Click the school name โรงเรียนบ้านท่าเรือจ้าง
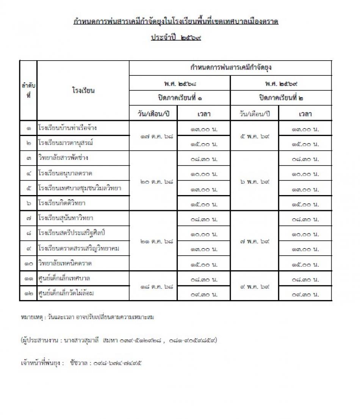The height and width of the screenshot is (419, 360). pos(67,128)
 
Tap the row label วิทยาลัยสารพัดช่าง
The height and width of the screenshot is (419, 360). pos(63,158)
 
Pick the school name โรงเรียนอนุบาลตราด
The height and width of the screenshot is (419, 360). pos(65,173)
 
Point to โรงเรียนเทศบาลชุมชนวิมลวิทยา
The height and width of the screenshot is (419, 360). pos(80,188)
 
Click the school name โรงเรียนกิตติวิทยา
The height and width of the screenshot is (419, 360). pos(62,203)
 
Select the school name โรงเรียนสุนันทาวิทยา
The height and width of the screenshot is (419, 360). pos(66,218)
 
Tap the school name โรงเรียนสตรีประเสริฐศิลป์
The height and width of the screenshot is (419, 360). pos(71,233)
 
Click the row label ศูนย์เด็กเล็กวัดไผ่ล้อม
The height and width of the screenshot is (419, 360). pos(66,293)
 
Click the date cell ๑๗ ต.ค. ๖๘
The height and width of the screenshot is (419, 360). pos(153,136)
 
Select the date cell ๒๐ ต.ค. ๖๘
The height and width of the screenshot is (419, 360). pos(153,181)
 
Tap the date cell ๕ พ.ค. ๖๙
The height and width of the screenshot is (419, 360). pos(254,136)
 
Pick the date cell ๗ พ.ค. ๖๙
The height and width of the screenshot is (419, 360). pos(254,241)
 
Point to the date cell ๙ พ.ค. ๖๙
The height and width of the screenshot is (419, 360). pos(254,286)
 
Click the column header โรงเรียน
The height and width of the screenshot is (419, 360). pos(83,91)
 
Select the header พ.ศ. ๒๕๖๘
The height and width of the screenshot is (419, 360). pos(180,83)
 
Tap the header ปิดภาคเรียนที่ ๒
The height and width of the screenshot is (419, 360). pos(281,98)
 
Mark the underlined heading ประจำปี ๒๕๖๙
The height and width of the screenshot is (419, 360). pos(176,38)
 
